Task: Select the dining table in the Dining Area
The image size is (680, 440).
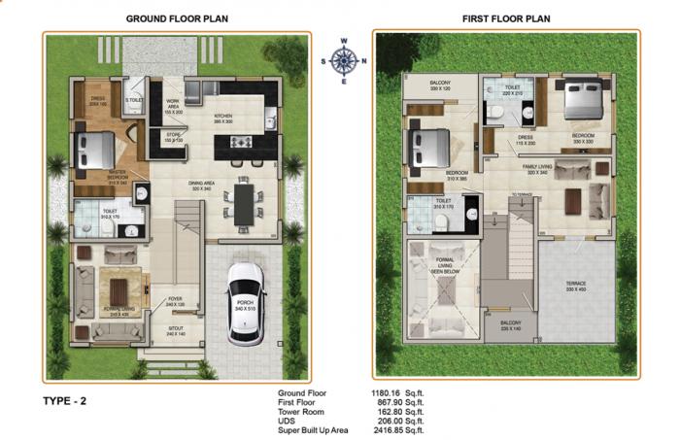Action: point(242,204)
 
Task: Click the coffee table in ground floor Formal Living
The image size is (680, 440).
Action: point(119,289)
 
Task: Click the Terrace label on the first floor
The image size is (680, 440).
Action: point(576,287)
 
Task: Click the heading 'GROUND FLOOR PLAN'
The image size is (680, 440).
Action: point(176,18)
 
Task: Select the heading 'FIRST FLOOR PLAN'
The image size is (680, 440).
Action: point(505,18)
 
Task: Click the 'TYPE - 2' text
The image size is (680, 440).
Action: point(64,400)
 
